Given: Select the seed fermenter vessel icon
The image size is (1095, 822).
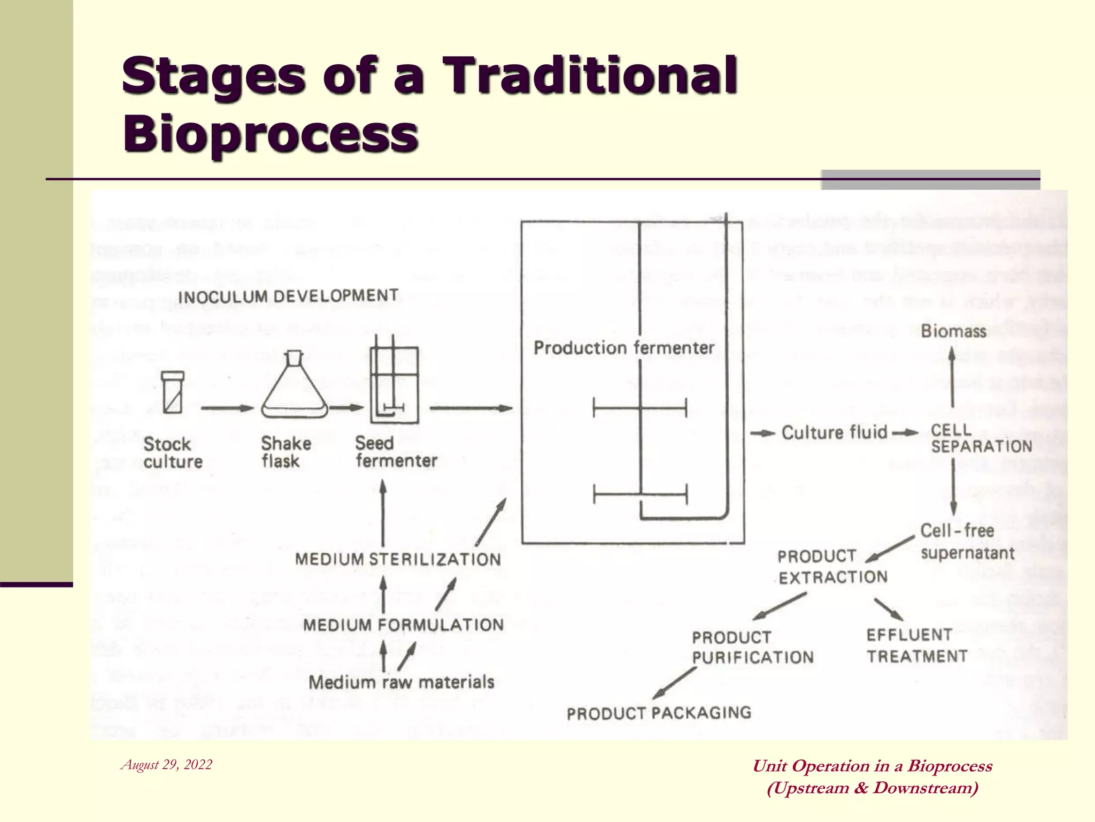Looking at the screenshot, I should (394, 385).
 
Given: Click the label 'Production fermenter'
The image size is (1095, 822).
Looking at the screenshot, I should (624, 348).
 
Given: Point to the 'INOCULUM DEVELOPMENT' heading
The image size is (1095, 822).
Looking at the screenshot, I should (288, 296).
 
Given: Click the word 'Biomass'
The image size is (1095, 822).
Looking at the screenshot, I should (953, 331).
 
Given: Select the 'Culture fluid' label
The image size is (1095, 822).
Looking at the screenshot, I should (834, 432).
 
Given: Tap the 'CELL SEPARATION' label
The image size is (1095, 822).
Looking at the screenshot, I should (981, 438).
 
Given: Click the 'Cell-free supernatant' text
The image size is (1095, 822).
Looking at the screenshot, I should (967, 542).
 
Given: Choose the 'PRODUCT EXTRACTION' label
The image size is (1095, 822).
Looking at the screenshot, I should (832, 567).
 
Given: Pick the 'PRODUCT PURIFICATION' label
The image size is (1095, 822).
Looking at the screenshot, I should (752, 647).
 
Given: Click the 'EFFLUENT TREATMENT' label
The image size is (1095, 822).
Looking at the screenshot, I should (916, 645).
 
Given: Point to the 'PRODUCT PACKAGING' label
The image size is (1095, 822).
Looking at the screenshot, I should (659, 713).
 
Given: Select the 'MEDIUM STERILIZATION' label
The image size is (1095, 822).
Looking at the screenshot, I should (398, 559).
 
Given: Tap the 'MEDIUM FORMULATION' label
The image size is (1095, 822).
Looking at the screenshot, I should (403, 625).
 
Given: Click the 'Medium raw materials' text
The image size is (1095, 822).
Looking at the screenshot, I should (401, 682).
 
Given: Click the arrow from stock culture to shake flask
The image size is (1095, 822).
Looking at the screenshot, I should (227, 408).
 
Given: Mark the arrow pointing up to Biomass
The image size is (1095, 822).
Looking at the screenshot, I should (952, 377).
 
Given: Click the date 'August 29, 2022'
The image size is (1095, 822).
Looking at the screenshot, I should (167, 765).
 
